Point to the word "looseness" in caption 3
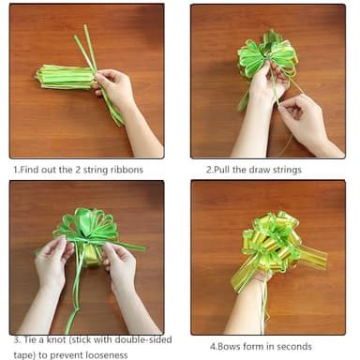pos(112,354)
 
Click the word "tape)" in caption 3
pos(25,354)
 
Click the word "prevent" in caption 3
pos(67,354)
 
